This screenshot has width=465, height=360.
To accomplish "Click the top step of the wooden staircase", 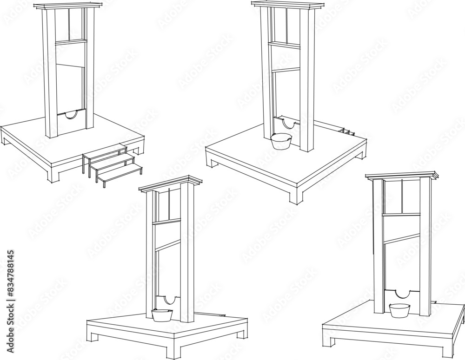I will coord(105,151).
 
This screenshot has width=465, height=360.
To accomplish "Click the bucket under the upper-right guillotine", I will coord(281,141).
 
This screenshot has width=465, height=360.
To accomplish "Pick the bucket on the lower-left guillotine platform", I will coord(162,315).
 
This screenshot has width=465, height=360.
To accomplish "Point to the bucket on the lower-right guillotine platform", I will coord(399,310).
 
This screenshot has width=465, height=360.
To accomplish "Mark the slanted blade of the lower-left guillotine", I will coord(167,245).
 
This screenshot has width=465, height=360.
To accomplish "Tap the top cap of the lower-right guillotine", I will coord(402,176).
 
